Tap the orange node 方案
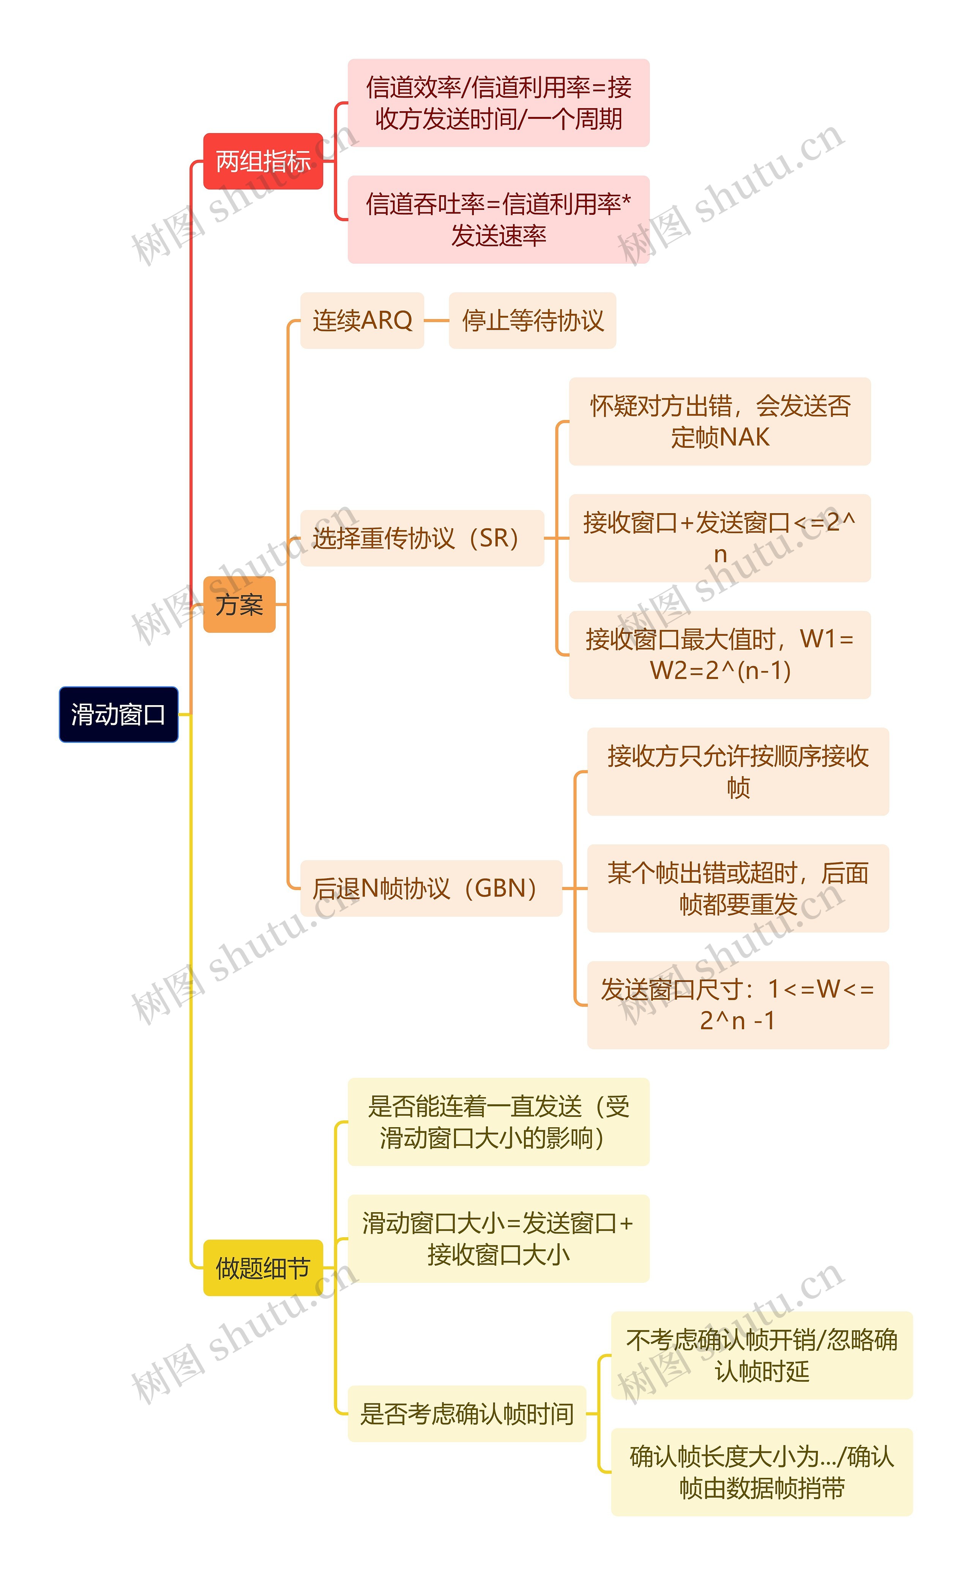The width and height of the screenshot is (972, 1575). tap(239, 604)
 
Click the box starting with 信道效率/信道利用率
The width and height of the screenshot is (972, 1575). tap(498, 103)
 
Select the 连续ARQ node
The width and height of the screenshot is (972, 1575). tap(362, 320)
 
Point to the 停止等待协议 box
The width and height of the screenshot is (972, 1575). tap(532, 320)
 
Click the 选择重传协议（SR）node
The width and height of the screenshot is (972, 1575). tap(422, 538)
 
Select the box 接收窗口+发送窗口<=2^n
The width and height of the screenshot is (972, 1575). tap(720, 538)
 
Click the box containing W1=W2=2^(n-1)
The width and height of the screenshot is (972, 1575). tap(720, 655)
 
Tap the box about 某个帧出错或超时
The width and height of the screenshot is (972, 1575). tap(738, 888)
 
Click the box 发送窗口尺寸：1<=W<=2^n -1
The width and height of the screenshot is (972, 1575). tap(738, 1005)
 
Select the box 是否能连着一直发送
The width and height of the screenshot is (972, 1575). tap(498, 1121)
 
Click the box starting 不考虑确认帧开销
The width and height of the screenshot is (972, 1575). tap(762, 1355)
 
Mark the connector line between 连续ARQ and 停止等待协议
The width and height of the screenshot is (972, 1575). tap(437, 320)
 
